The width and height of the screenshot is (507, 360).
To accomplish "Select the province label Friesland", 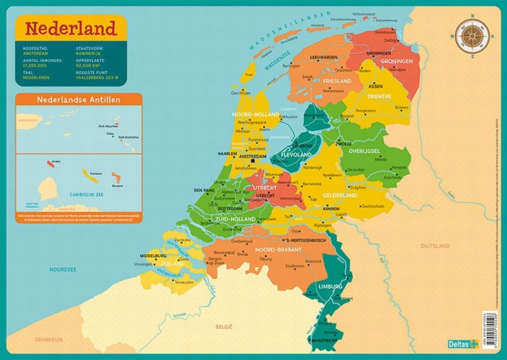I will pyautogui.click(x=337, y=82).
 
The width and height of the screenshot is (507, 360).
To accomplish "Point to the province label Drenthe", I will pyautogui.click(x=378, y=96).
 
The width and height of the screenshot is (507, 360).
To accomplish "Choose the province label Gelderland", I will pyautogui.click(x=340, y=195).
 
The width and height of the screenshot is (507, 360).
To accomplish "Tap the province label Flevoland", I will pyautogui.click(x=297, y=155).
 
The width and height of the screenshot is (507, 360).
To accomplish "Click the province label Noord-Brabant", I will pyautogui.click(x=276, y=249).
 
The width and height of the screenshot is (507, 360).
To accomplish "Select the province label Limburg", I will pyautogui.click(x=330, y=286).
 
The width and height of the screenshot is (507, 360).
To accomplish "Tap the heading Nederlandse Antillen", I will pyautogui.click(x=79, y=100).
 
